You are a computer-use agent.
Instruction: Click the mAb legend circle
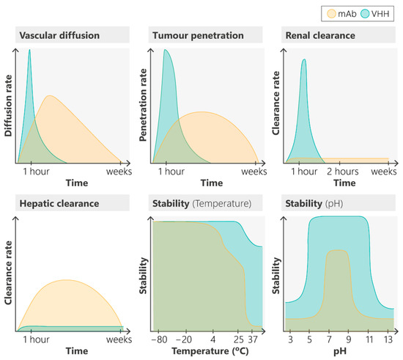[x=331, y=14]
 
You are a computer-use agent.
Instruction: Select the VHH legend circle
[x=365, y=14]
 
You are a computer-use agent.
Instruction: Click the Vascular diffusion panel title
[x=59, y=35]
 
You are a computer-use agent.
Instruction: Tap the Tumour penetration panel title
[x=198, y=35]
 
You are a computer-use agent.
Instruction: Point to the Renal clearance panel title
[x=320, y=35]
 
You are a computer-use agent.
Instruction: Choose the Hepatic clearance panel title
[x=59, y=203]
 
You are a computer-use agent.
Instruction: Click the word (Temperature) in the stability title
[x=222, y=203]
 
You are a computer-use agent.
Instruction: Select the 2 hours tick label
[x=343, y=172]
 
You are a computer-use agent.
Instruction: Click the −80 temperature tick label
[x=159, y=339]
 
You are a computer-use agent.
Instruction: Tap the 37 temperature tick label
[x=253, y=339]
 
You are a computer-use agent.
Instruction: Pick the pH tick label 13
[x=388, y=339]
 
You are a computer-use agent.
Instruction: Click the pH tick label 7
[x=329, y=339]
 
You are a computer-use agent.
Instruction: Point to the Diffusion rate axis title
[x=8, y=106]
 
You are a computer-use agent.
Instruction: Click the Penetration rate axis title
[x=143, y=105]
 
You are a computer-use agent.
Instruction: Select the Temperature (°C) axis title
[x=210, y=351]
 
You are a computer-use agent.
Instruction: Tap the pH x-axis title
[x=340, y=351]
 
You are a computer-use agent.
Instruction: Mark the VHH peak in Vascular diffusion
[x=29, y=50]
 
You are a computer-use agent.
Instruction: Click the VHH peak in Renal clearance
[x=305, y=59]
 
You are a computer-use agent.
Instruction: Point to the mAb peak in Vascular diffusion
[x=49, y=95]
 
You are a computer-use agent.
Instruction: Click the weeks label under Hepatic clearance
[x=119, y=339]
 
